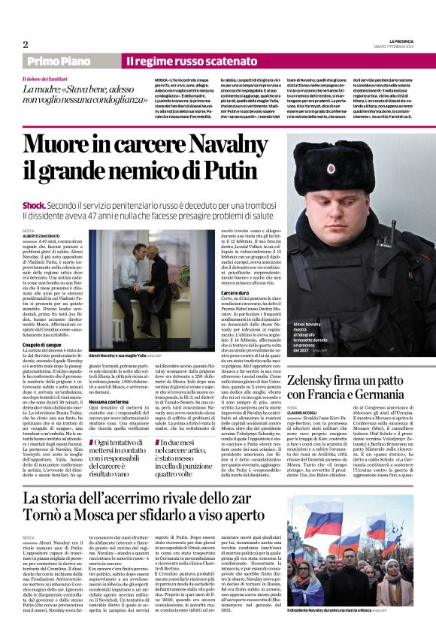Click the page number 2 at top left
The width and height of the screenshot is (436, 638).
pyautogui.click(x=25, y=44)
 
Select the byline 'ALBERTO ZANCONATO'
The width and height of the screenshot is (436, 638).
pyautogui.click(x=41, y=236)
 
